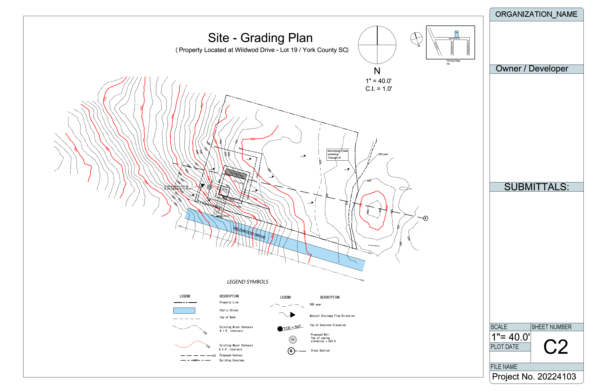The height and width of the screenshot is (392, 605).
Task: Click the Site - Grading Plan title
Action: click(x=260, y=38)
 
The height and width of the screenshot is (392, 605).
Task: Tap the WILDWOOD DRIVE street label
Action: click(x=249, y=233)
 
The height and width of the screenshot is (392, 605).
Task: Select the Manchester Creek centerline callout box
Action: click(x=337, y=154)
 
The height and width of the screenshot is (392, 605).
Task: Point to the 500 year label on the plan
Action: click(x=383, y=154)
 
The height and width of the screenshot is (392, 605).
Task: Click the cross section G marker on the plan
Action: click(x=425, y=218)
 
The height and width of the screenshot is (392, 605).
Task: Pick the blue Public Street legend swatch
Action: click(x=184, y=311)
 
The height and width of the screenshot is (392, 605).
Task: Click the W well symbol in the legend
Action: click(x=293, y=340)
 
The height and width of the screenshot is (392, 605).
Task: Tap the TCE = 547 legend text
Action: click(x=292, y=328)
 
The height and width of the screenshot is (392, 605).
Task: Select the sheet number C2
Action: click(x=555, y=347)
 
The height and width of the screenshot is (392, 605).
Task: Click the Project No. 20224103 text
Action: click(x=534, y=376)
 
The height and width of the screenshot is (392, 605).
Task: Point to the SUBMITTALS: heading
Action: click(x=536, y=187)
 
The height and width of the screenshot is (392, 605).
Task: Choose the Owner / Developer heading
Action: click(x=532, y=69)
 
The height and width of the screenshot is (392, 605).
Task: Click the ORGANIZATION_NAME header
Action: click(x=536, y=14)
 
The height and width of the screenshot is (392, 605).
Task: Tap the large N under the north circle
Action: click(x=377, y=71)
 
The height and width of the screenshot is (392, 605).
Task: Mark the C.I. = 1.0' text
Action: click(x=379, y=89)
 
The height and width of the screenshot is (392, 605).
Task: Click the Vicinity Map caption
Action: click(x=453, y=61)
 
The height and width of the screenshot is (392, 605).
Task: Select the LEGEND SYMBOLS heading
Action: click(x=247, y=282)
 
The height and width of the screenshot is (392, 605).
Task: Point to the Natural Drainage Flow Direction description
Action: click(x=332, y=316)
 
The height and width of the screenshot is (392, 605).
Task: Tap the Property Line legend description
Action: click(x=229, y=302)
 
